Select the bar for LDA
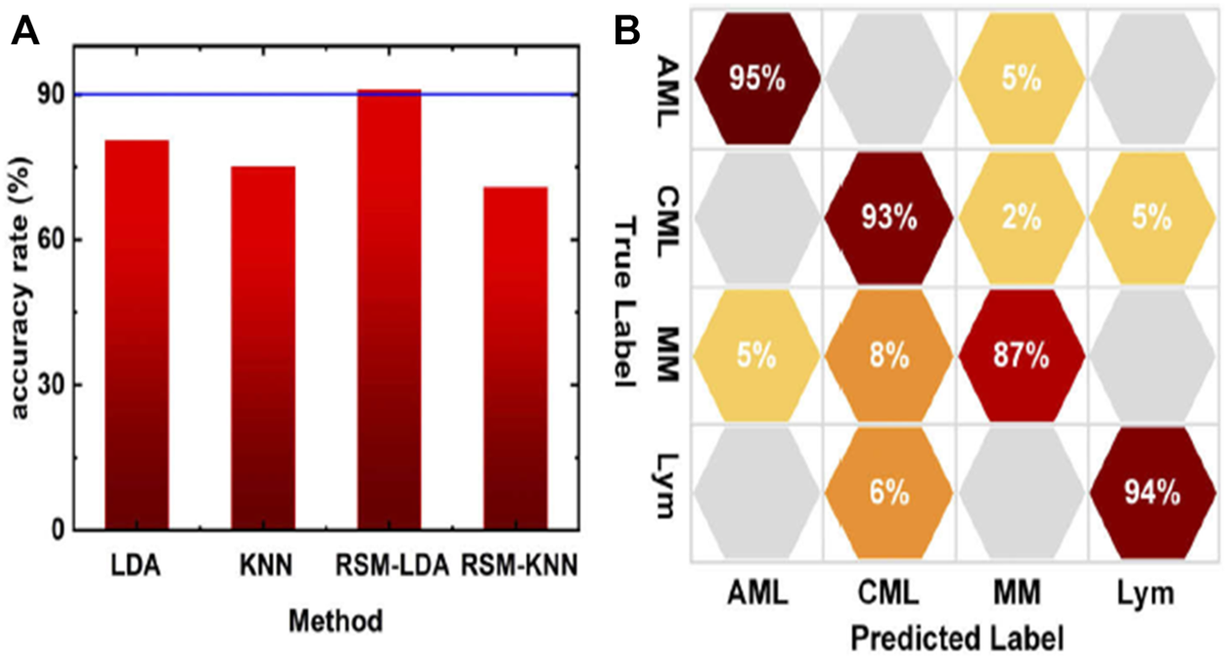tap(136, 335)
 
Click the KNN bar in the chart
tap(262, 348)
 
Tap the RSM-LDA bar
tap(388, 309)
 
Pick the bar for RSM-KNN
tap(515, 358)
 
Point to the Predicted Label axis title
tap(956, 639)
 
